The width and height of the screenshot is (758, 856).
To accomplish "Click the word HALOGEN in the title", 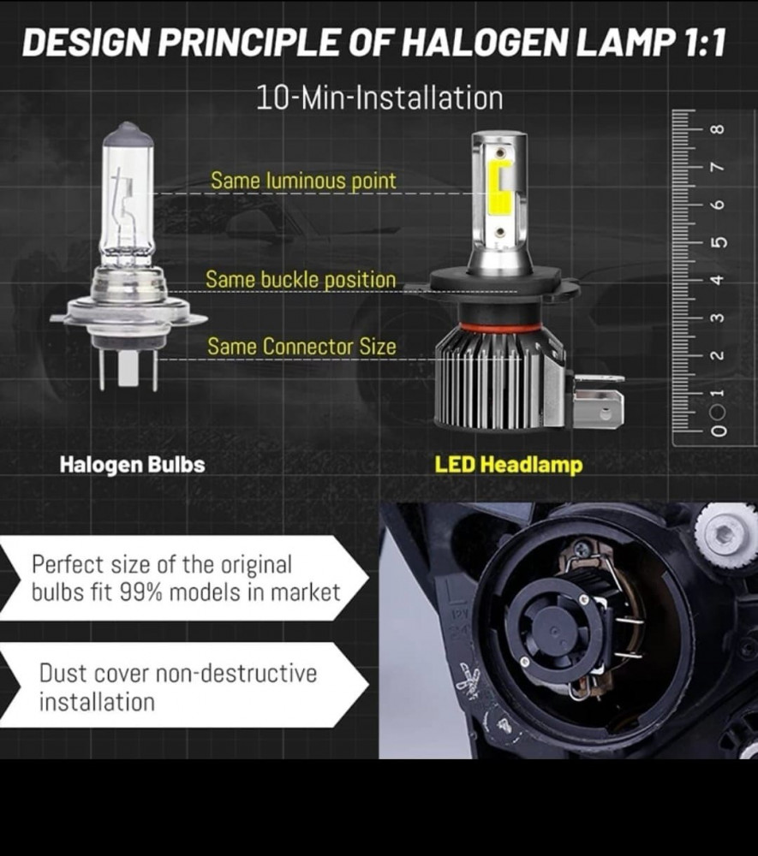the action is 485,43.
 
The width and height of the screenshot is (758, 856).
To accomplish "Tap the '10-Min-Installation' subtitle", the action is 379,98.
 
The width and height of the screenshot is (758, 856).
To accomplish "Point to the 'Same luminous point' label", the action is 303,181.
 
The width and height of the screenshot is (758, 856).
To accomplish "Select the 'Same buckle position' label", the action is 301,280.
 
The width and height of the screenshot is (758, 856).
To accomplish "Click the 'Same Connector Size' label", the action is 301,347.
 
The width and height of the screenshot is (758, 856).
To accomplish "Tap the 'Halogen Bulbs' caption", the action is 132,465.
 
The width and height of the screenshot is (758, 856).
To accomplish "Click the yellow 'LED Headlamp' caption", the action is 509,465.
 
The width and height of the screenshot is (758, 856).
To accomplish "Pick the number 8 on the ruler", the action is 718,129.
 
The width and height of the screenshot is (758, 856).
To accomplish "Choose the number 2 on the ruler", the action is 718,355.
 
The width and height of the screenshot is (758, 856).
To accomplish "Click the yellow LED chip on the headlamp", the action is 499,187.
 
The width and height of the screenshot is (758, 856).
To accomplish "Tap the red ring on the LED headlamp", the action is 500,327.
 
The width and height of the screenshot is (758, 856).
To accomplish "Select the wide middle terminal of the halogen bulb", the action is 128,368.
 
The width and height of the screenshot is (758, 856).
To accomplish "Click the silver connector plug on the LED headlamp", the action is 598,401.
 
